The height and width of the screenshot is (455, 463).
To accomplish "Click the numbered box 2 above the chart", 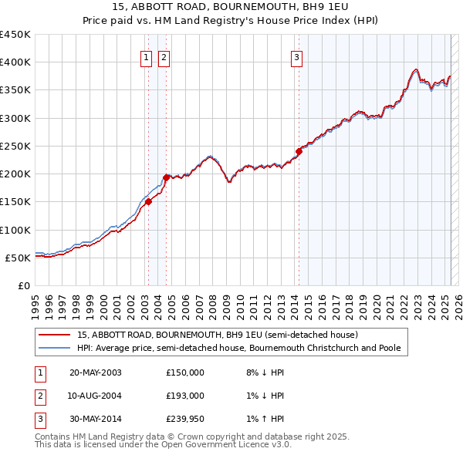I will (x=164, y=56).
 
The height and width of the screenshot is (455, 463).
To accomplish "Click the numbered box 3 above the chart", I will (x=296, y=56).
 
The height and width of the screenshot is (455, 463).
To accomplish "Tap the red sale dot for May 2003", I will (x=148, y=202).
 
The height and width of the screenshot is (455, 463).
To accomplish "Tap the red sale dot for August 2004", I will (x=165, y=177).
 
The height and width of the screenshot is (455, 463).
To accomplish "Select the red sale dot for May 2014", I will (x=299, y=151).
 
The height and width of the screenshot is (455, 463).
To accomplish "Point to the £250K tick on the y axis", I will (x=17, y=146).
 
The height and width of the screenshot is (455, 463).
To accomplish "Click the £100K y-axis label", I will (x=17, y=230).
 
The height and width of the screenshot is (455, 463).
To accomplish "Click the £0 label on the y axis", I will (x=23, y=285).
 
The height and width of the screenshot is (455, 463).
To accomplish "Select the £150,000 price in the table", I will (x=185, y=372).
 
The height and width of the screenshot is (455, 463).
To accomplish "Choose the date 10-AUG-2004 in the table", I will (x=96, y=396).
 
